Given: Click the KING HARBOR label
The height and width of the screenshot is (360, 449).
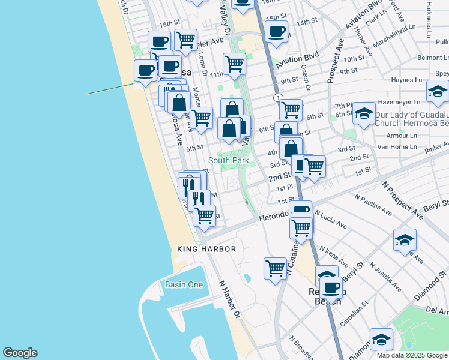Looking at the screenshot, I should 206,248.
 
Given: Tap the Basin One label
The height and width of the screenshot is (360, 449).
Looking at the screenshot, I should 184,284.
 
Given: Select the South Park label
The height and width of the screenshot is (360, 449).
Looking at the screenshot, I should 228,160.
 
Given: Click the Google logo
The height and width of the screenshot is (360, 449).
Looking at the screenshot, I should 20,353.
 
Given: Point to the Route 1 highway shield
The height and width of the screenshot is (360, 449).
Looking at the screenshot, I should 277,97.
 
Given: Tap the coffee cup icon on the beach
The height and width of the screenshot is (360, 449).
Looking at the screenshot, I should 145,71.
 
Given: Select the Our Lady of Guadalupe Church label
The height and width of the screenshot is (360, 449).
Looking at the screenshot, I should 412,118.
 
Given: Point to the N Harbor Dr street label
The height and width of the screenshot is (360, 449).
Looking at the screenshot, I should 229,299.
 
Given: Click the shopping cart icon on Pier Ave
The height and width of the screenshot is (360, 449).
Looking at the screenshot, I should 186,40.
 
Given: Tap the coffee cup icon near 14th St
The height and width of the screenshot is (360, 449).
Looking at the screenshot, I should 276,32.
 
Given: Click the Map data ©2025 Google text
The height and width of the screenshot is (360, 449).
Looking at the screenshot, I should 412,355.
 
